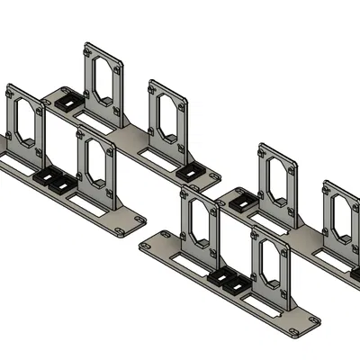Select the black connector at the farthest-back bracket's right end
click(191, 167)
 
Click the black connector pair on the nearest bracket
click(229, 283)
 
